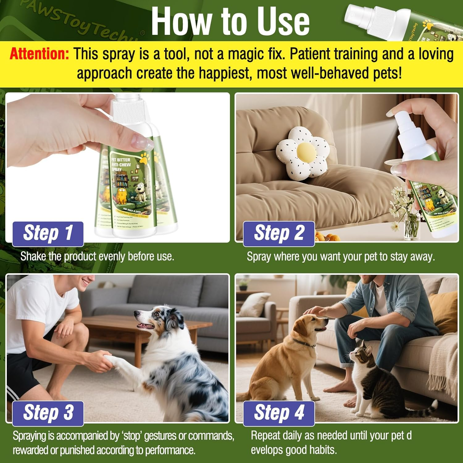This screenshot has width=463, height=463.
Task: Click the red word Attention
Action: click(39, 54)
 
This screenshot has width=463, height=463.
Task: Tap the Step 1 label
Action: click(48, 233)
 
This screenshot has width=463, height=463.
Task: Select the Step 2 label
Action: click(279, 233)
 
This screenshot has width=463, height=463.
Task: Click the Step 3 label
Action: click(48, 413)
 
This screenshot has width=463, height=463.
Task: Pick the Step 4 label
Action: click(279, 413)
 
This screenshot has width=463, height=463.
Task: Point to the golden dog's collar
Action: click(304, 343)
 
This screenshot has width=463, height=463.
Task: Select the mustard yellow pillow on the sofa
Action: click(443, 309)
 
